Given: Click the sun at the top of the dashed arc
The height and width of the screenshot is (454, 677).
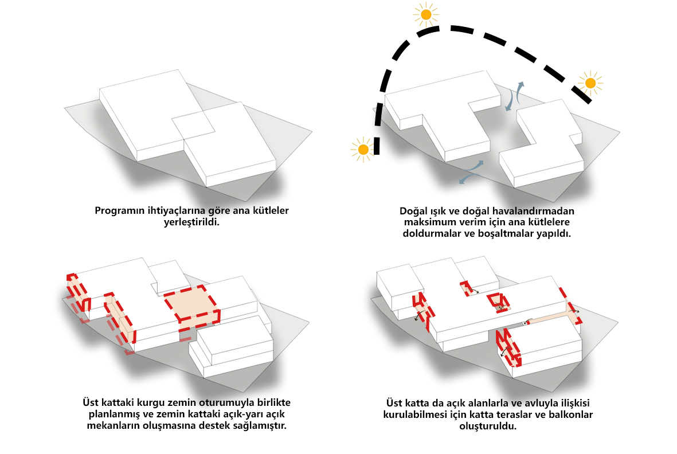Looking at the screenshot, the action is pos(426,15).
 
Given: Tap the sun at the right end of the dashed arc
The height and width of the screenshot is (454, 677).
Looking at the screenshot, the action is pos(590,83).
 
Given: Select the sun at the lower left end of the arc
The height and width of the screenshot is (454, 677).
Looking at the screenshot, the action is pos(363,149).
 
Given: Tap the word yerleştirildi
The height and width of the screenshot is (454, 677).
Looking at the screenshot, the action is pos(191,222).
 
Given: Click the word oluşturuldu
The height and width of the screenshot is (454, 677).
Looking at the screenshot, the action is pos(488,426).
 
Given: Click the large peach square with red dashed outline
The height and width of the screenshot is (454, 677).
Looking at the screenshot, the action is pos(192,304).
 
